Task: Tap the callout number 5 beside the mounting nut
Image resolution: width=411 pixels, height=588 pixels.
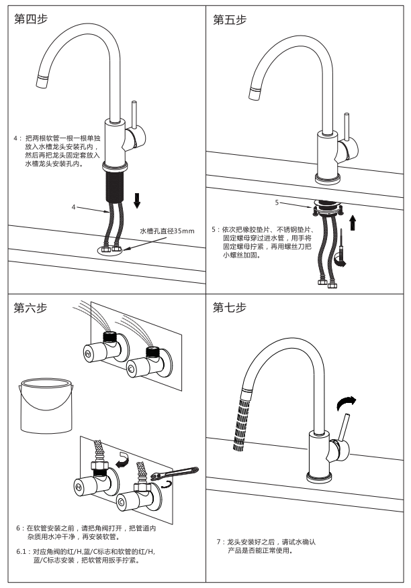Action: tap(276, 200)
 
